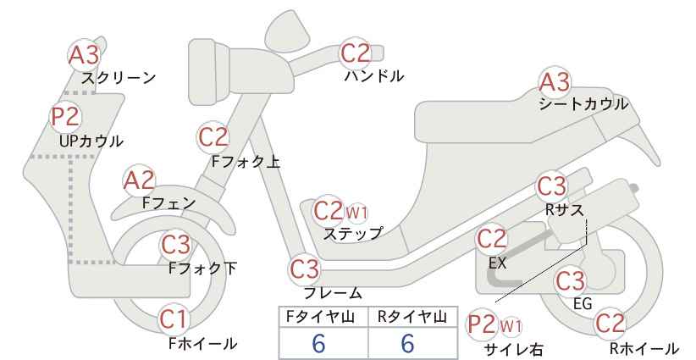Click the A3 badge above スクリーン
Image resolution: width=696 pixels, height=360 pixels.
84,56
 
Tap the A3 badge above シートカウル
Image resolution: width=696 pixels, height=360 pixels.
555,82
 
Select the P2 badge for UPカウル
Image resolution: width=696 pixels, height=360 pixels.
66,116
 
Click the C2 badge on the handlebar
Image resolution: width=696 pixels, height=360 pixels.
355,53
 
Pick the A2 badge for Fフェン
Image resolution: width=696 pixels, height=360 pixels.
139,180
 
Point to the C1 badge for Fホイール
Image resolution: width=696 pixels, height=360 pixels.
174,319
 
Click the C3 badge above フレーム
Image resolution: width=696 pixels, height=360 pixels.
305,269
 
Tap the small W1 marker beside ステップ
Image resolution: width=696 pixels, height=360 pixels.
356,213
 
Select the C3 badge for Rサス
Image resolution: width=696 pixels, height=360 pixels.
551,186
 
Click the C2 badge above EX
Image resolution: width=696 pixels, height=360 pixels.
491,239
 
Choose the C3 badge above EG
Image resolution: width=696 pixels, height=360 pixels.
571,281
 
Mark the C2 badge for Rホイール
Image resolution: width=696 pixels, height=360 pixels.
610,324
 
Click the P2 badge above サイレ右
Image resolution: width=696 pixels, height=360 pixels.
482,325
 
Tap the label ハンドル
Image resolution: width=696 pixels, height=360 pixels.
374,76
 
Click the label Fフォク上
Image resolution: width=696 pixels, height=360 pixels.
246,161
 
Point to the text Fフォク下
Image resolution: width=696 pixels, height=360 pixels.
202,269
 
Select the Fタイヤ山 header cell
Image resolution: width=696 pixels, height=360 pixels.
323,317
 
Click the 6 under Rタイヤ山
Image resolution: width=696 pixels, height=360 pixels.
407,343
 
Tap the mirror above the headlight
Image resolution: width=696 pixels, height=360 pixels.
287,27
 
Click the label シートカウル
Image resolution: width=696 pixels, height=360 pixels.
583,104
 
